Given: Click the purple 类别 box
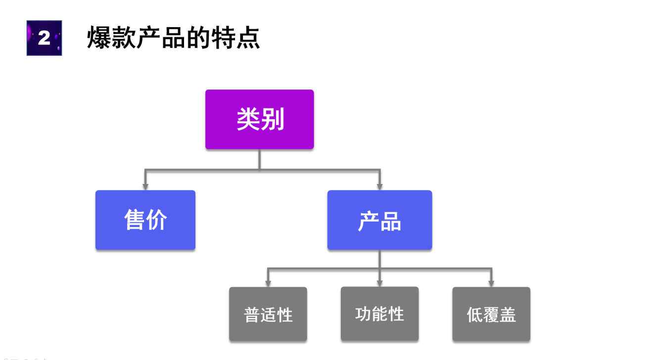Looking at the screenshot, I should pos(259,119).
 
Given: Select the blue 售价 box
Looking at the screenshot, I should pos(145,220).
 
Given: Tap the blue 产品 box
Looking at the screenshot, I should pos(379,220).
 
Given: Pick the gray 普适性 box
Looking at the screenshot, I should pos(268,314).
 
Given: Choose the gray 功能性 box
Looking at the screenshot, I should pos(379,314).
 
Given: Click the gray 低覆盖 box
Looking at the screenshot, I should pos(491,314).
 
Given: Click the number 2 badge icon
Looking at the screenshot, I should pos(44,38).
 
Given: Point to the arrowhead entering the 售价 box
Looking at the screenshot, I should pos(145,187).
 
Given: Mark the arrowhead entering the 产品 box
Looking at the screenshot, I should pos(379,187).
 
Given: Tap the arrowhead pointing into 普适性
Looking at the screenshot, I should pos(268,284).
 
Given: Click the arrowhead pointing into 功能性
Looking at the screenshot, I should pos(379,284).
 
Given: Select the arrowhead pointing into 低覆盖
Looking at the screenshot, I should pos(491,284).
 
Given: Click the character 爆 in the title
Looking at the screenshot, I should pos(99,38).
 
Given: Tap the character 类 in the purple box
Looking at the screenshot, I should pos(248,119).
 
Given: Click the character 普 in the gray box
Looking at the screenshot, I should pos(252,315).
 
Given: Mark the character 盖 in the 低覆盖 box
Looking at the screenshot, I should pos(508,315).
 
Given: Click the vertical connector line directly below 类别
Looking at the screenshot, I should pos(259,159).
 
